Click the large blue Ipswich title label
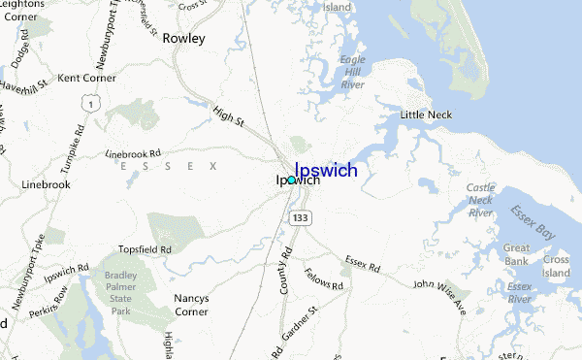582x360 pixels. tap(325, 171)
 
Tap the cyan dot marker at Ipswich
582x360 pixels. tap(290, 180)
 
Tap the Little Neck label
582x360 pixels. tap(427, 115)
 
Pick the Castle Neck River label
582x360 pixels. tap(480, 200)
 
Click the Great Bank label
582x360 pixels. tap(516, 254)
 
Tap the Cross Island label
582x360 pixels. tap(556, 267)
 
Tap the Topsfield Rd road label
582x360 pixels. tap(145, 250)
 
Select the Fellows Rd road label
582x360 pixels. tap(323, 279)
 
